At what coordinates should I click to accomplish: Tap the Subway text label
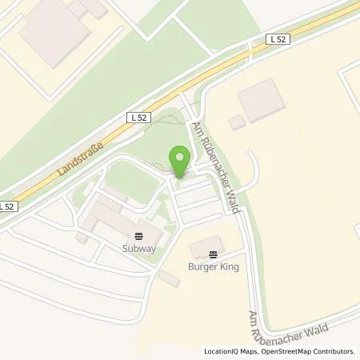click(x=139, y=248)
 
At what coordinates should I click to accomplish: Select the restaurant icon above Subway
click(x=139, y=235)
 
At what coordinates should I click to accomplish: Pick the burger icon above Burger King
click(x=214, y=254)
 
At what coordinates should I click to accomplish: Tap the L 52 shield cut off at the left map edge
click(x=6, y=206)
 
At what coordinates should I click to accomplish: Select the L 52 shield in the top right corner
click(x=277, y=39)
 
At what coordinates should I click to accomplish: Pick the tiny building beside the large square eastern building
click(x=236, y=123)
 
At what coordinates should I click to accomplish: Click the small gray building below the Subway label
click(x=169, y=278)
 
